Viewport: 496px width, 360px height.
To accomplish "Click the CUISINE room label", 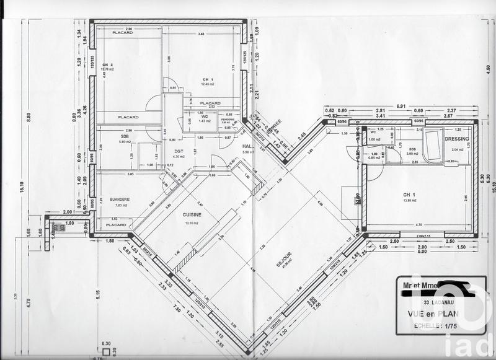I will point(192,214).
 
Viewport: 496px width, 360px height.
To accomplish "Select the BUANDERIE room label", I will point(119,199).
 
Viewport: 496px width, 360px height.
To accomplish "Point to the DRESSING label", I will point(456,139).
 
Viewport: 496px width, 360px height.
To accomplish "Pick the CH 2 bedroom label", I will point(108,64).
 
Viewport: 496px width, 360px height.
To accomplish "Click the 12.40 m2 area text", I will point(207,84).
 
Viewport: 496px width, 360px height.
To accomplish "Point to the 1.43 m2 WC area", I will point(205,121).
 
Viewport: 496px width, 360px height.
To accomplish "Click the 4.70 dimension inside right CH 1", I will point(418,225).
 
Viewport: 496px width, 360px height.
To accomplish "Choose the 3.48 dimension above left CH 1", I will point(201,33).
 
